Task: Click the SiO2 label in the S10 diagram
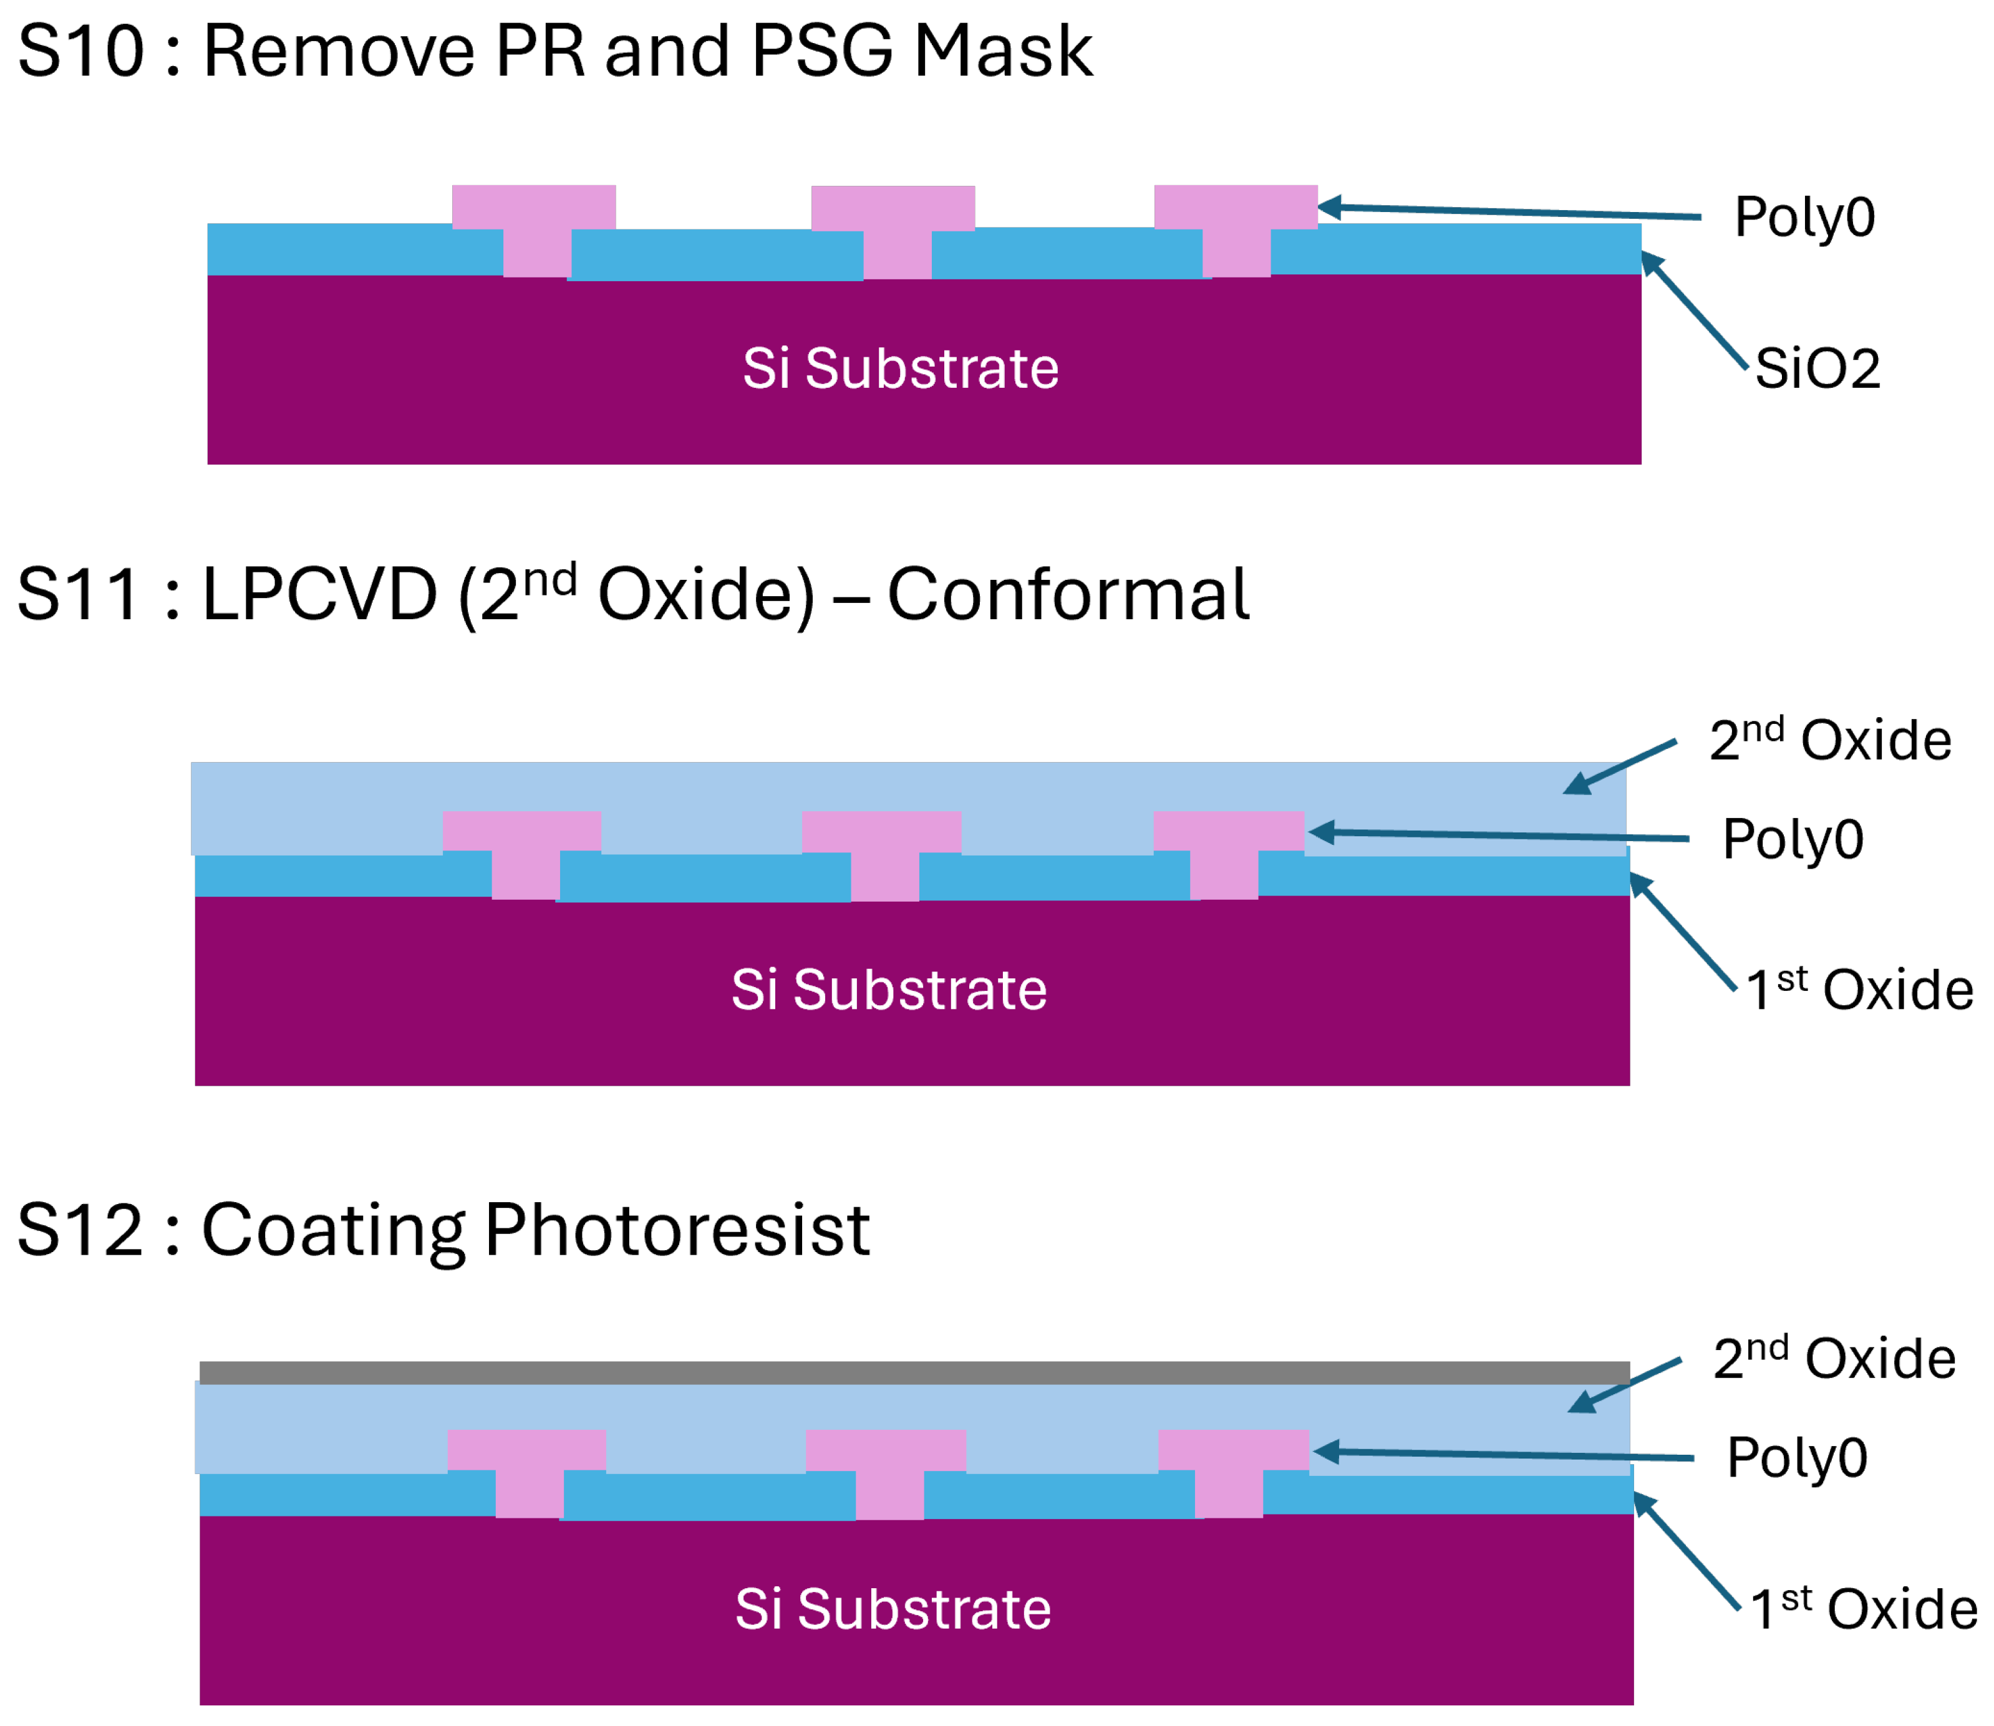click(x=1817, y=369)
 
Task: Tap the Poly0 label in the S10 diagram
click(x=1804, y=218)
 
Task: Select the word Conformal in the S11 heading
click(x=1067, y=594)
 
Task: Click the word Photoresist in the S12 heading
click(x=677, y=1231)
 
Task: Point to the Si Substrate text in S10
click(x=900, y=369)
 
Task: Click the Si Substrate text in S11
click(x=888, y=990)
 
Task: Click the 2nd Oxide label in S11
click(x=1829, y=741)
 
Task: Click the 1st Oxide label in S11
click(x=1859, y=990)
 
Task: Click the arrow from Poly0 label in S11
click(x=1498, y=835)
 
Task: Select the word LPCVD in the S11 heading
click(x=320, y=594)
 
